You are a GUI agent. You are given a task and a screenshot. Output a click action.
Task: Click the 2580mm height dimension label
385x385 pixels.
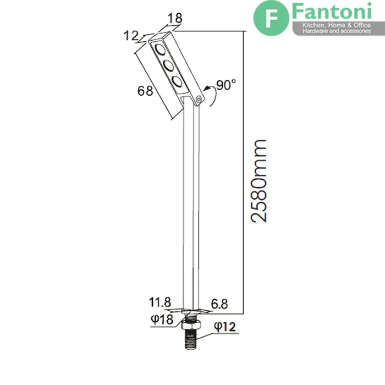pyautogui.click(x=258, y=181)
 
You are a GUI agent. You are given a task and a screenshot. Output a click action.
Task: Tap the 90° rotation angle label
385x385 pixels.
pyautogui.click(x=226, y=85)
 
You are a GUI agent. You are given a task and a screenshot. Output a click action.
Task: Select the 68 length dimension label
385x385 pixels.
pyautogui.click(x=145, y=91)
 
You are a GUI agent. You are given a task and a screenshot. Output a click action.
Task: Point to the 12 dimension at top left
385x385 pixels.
pyautogui.click(x=131, y=36)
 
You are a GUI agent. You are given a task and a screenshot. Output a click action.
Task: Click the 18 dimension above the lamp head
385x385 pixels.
pyautogui.click(x=175, y=18)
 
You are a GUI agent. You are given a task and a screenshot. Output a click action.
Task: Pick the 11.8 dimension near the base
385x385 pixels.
pyautogui.click(x=160, y=302)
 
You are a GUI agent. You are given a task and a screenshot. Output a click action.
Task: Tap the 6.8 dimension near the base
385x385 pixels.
pyautogui.click(x=219, y=304)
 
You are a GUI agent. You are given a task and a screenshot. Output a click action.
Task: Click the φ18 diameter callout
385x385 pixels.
pyautogui.click(x=162, y=320)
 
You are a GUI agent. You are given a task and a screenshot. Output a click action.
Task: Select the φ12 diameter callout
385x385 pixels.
pyautogui.click(x=225, y=327)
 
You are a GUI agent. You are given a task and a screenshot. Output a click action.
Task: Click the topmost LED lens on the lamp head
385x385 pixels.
pyautogui.click(x=160, y=50)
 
